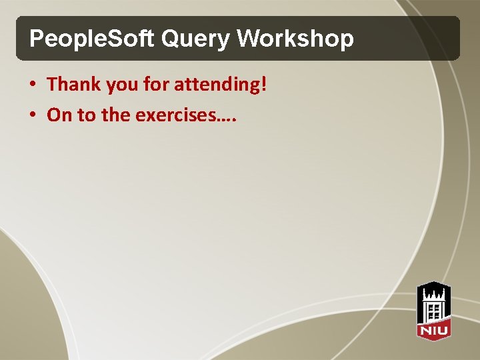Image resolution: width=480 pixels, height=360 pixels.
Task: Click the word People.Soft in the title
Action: pos(91,39)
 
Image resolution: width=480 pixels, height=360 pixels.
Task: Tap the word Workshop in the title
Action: pos(295,39)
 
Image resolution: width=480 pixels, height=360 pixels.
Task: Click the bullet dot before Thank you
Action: pos(33,85)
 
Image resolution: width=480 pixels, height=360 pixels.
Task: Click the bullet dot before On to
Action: pos(33,116)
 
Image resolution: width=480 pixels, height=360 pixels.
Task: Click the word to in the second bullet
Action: pos(87,115)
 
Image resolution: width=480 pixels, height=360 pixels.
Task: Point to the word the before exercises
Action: pos(116,115)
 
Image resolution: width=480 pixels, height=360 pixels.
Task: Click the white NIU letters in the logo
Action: pos(433,329)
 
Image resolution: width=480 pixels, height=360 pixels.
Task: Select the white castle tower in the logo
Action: pos(433,303)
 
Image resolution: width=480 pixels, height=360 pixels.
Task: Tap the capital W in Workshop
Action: pos(249,39)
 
